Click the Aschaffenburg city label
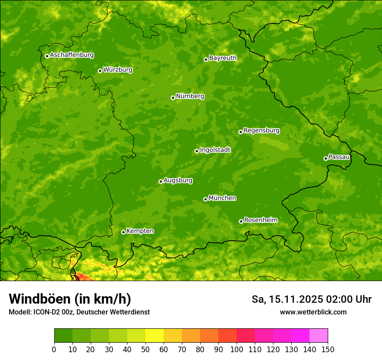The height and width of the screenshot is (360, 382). point(72,55)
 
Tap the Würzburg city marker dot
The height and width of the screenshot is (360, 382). point(100,71)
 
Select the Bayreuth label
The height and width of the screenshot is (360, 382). point(223,58)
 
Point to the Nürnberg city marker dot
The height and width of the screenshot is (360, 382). point(173,98)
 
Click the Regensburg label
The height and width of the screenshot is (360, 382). point(261,130)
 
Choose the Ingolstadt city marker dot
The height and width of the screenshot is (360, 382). point(197,151)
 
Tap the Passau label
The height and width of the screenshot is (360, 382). point(339,157)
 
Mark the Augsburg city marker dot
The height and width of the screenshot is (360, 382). point(161,181)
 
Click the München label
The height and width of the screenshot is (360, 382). point(222,198)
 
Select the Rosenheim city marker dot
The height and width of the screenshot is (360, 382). point(241,221)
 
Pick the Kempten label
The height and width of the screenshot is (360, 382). point(140,231)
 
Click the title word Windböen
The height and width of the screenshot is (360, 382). point(40,299)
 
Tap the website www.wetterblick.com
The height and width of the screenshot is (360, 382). point(313,312)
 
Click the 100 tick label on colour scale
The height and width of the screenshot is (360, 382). point(237,349)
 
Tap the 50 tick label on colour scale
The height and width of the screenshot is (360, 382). point(145,349)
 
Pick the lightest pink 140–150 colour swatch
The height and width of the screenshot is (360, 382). point(319,336)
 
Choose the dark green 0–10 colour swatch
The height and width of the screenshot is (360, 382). point(63,336)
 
